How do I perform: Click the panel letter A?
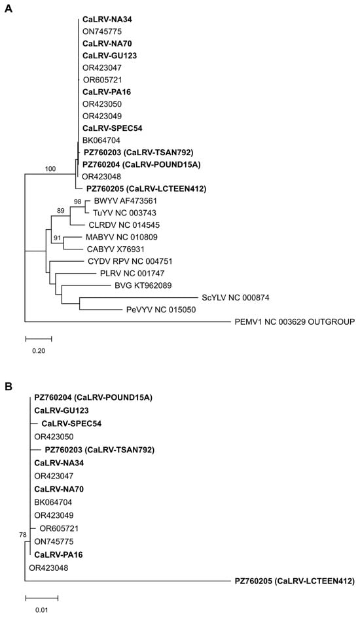[x=9, y=9]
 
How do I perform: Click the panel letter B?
[x=9, y=387]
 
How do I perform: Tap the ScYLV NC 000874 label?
[x=236, y=298]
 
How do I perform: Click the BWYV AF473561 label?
[x=120, y=201]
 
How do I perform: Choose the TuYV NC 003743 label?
[x=119, y=213]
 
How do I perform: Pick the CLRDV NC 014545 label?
[x=118, y=225]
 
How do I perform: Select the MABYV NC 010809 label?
[x=117, y=237]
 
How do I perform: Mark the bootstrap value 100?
[x=50, y=169]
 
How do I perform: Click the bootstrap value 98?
[x=78, y=202]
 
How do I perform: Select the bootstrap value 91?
[x=58, y=238]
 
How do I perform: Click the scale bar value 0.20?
[x=39, y=351]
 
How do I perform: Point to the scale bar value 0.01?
[x=41, y=611]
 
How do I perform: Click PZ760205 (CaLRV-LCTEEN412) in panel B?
[x=295, y=581]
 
